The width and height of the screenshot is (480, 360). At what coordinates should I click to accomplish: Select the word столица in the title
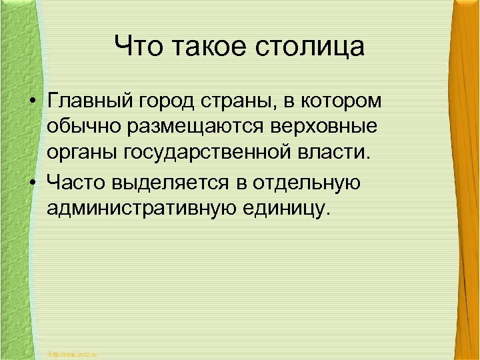point(312,47)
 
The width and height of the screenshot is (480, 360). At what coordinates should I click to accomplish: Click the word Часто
point(76,181)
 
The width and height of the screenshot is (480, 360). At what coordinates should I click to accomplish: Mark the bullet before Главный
point(32,103)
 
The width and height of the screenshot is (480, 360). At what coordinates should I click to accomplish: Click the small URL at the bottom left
point(73,354)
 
